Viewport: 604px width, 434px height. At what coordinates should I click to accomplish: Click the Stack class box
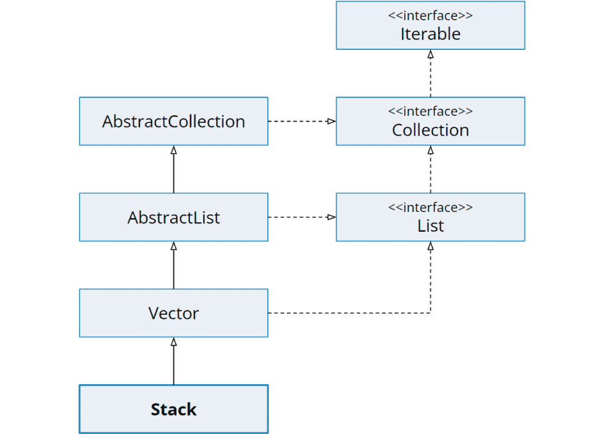[x=173, y=409]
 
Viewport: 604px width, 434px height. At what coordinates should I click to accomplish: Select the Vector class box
[x=173, y=313]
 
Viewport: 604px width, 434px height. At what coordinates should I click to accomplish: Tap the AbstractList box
[x=173, y=217]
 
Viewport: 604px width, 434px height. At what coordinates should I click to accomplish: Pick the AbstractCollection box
[x=173, y=121]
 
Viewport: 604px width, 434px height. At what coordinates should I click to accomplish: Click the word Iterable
[x=430, y=34]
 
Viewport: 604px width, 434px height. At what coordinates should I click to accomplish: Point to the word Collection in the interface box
[x=430, y=130]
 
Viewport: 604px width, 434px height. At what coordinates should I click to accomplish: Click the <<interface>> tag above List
[x=430, y=207]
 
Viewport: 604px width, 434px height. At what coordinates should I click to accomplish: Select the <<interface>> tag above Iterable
[x=430, y=15]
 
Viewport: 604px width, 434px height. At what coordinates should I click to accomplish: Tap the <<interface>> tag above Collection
[x=430, y=111]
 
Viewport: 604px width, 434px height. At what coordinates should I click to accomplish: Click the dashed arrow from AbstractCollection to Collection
[x=301, y=121]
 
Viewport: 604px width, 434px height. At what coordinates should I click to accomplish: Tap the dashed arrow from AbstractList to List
[x=301, y=217]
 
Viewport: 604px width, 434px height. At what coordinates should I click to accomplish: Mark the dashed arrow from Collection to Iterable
[x=431, y=74]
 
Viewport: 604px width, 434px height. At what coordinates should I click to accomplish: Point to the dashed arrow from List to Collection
[x=431, y=170]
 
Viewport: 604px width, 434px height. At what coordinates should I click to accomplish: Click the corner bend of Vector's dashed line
[x=431, y=313]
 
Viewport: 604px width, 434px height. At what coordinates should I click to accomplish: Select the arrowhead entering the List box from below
[x=431, y=246]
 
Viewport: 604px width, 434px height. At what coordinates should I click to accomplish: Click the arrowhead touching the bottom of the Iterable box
[x=431, y=54]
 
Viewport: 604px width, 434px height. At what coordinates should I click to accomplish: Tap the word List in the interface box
[x=430, y=226]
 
